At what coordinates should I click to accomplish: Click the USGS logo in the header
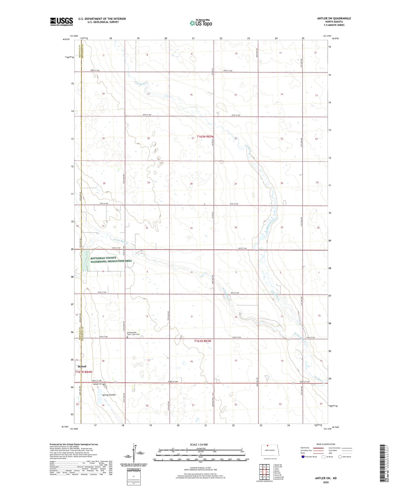tap(61, 22)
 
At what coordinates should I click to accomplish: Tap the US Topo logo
tap(201, 23)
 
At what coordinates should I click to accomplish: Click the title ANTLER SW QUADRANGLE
tap(334, 19)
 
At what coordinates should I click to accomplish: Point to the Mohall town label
tap(82, 367)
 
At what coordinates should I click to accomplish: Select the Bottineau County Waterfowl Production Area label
tap(111, 260)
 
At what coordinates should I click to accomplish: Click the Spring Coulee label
tap(109, 395)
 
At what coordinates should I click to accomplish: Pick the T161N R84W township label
tap(83, 372)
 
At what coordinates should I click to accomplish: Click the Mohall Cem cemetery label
tap(98, 384)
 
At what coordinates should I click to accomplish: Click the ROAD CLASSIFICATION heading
tap(326, 444)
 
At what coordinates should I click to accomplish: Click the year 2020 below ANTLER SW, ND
tap(326, 482)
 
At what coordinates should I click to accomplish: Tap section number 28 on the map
tap(191, 184)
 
